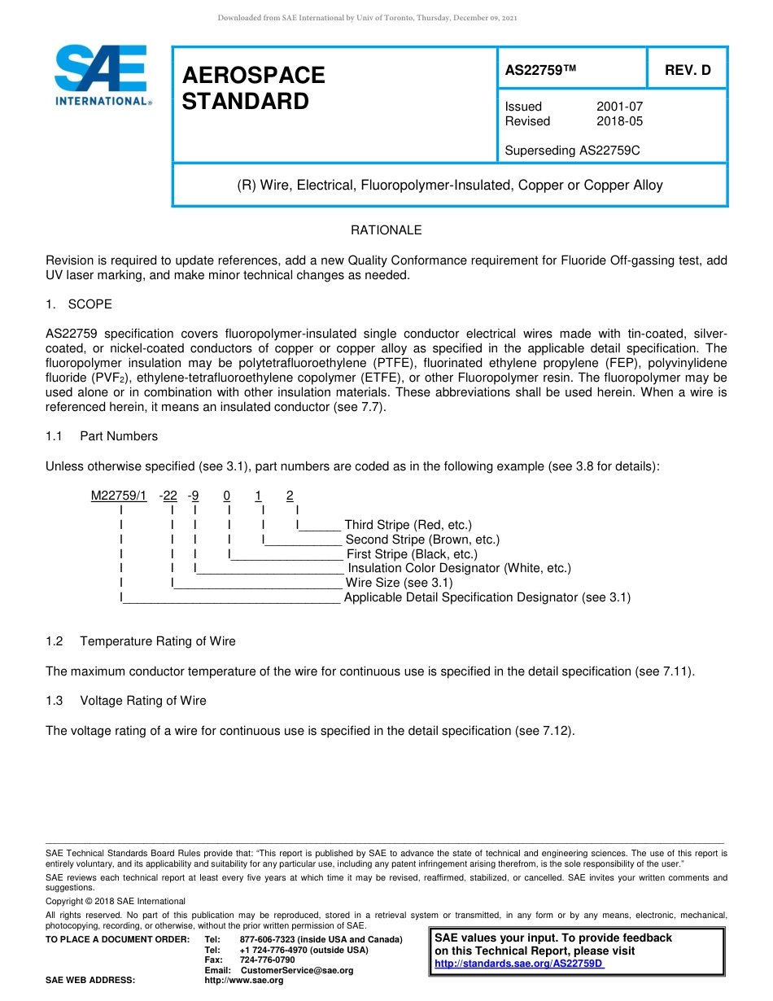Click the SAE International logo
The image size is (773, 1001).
point(101,76)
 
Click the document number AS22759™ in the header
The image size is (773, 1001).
point(540,70)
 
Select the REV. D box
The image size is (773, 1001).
point(687,70)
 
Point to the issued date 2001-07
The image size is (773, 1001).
point(619,107)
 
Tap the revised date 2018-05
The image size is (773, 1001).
point(619,121)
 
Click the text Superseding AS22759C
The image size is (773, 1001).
point(572,151)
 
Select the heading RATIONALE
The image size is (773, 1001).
point(386,230)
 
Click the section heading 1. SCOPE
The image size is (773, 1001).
point(79,304)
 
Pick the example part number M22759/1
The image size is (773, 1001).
point(119,496)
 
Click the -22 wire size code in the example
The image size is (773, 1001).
point(168,496)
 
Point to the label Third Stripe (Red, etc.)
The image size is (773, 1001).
point(408,525)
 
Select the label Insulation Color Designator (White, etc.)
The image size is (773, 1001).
point(459,568)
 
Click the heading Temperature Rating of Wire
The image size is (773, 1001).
point(157,641)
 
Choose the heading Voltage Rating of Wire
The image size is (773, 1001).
point(142,701)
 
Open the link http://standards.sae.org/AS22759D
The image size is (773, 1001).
point(518,964)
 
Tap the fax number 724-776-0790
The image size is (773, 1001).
point(267,959)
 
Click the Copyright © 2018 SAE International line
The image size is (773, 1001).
point(116,901)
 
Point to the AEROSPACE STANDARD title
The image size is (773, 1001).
point(253,88)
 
